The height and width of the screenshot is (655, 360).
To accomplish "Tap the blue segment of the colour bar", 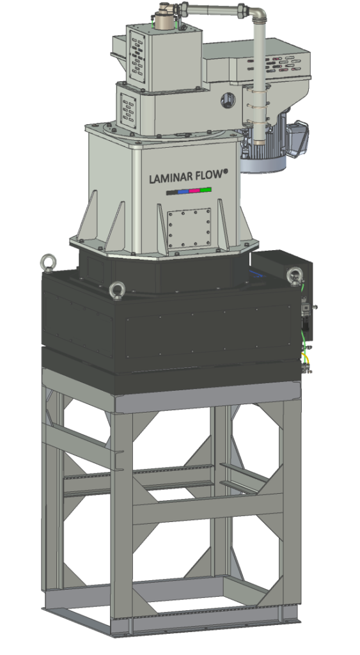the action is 184,192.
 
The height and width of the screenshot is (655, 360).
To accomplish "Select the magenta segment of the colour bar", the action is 194,191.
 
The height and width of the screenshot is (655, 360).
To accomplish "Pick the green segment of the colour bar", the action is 206,190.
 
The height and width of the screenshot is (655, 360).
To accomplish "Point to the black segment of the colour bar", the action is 172,193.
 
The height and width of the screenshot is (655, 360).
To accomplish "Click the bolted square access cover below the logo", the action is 189,229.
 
